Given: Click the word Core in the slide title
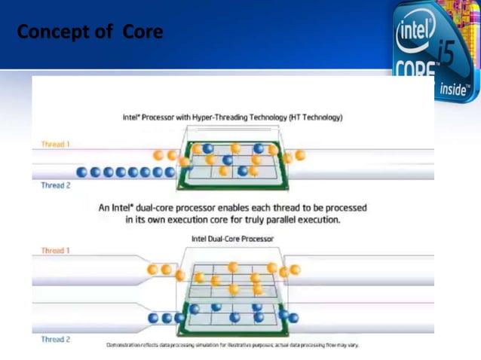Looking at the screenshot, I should click(x=143, y=33).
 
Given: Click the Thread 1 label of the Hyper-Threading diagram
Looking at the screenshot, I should click(x=55, y=143).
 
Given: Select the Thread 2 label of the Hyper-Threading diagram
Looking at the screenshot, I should click(x=55, y=185).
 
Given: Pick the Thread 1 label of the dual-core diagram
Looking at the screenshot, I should click(x=55, y=250).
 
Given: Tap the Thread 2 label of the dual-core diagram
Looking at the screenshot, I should click(x=55, y=339).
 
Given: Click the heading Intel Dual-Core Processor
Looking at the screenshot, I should click(x=233, y=239).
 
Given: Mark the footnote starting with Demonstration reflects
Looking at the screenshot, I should click(x=233, y=345).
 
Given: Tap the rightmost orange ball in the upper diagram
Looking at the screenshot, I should click(x=300, y=155).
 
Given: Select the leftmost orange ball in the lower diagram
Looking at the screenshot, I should click(x=153, y=269).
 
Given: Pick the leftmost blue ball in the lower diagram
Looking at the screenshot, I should click(x=154, y=319).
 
